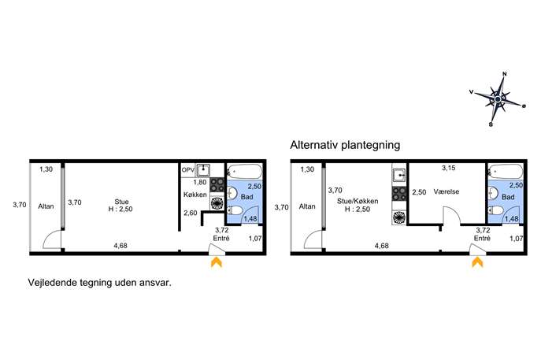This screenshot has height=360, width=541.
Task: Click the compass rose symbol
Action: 498,99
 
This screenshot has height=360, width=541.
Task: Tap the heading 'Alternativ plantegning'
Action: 345,145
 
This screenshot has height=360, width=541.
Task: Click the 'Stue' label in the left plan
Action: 121,202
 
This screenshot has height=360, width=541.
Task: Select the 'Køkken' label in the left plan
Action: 195,195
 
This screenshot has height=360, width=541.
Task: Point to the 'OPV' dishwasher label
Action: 188,170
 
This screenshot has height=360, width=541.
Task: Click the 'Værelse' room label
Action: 447,191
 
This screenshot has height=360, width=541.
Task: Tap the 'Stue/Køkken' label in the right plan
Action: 358,201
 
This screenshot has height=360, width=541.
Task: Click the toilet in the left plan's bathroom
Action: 235,210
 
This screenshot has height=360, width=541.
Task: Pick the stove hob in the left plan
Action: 217,184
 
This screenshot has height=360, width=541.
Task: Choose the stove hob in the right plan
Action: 399,194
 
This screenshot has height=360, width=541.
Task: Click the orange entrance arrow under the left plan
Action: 217,262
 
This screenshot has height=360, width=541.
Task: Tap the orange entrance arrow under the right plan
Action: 477,262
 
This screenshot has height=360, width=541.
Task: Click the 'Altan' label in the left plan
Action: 46,206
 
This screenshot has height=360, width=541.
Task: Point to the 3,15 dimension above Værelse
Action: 449,168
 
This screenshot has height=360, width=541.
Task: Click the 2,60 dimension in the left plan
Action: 191,213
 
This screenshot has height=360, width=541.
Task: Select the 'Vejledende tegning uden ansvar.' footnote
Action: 100,283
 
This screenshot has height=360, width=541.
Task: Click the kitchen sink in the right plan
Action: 399,175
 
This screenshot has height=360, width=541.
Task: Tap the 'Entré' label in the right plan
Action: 482,239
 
